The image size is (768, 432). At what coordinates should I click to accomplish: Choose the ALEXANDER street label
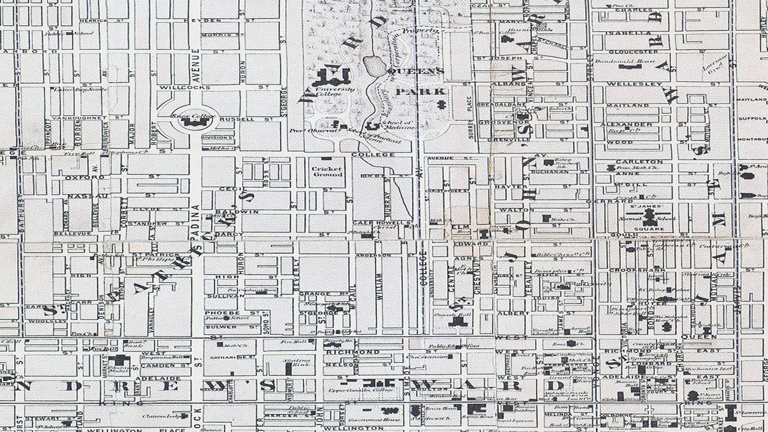(630, 124)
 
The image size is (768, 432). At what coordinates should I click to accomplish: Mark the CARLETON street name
(639, 161)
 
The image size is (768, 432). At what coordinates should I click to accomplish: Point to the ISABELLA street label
(630, 33)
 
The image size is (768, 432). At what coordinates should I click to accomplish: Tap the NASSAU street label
(85, 196)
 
